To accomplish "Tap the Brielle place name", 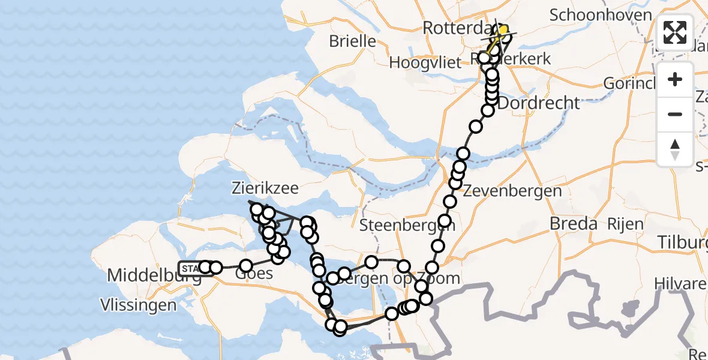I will point(353,41).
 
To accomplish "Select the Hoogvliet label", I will point(425,62).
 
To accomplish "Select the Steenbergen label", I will point(407,226).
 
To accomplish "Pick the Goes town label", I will point(254,274).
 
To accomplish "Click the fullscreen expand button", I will point(675,32).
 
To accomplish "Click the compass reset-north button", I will point(675,149).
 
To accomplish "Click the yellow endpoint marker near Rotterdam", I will point(503,30).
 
